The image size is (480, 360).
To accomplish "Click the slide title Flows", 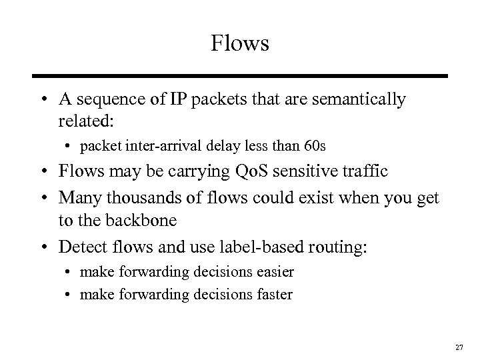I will click(x=239, y=44).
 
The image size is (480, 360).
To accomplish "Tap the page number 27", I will click(x=459, y=347).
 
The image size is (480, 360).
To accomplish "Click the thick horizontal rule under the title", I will click(x=239, y=77).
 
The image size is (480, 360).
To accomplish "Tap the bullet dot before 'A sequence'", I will click(x=44, y=100).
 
